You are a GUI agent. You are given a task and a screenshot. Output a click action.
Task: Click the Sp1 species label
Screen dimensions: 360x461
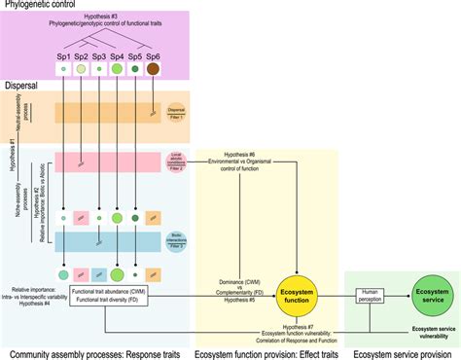[x=63, y=56]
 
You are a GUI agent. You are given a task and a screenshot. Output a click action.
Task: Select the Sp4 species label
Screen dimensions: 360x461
[x=118, y=56]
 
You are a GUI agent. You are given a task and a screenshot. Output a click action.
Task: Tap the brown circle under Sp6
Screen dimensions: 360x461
[x=154, y=71]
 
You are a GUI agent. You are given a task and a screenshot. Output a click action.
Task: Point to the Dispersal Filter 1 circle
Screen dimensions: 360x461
[x=176, y=114]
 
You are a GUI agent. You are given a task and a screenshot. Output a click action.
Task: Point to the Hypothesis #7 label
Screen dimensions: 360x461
[x=279, y=327]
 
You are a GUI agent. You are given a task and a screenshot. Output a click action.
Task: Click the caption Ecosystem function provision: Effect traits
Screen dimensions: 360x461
[x=267, y=352]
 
